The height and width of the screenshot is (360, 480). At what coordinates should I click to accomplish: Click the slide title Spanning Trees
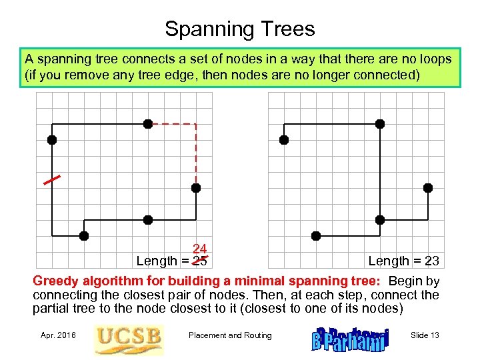pos(240,29)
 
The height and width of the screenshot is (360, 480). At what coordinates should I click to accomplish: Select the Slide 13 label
pos(425,335)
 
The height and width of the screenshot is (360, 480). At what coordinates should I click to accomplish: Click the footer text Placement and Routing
pos(230,335)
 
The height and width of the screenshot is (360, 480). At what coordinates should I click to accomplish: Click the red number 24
pos(199,249)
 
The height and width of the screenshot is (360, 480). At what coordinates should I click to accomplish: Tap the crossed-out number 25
pos(199,260)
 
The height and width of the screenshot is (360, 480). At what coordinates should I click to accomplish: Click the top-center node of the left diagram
pos(148,124)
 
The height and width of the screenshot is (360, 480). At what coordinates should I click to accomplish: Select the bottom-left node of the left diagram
pos(83,235)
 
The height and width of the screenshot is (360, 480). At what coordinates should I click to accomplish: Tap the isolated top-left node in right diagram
pos(284,140)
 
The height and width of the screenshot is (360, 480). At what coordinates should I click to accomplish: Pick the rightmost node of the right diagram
pos(428,188)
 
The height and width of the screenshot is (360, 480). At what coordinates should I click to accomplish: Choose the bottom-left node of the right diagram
pos(316,235)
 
